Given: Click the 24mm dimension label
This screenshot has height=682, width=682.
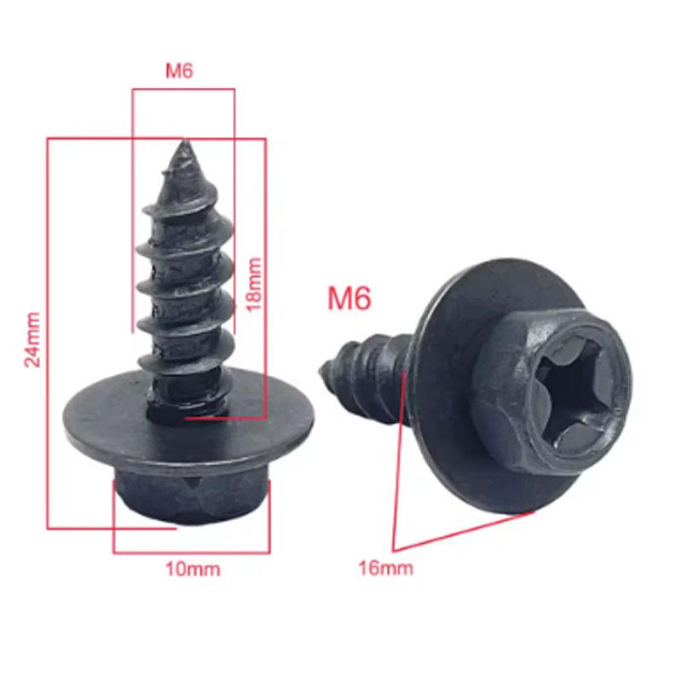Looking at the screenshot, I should [33, 338].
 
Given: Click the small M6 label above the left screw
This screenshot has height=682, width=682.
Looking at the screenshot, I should [179, 72].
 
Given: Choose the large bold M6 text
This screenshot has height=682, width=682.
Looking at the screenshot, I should [350, 298].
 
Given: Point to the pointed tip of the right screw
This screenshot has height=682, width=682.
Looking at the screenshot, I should [324, 368].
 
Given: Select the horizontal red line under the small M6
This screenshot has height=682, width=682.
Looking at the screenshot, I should [182, 87].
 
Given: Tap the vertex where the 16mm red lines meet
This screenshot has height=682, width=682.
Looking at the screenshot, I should [393, 547].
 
